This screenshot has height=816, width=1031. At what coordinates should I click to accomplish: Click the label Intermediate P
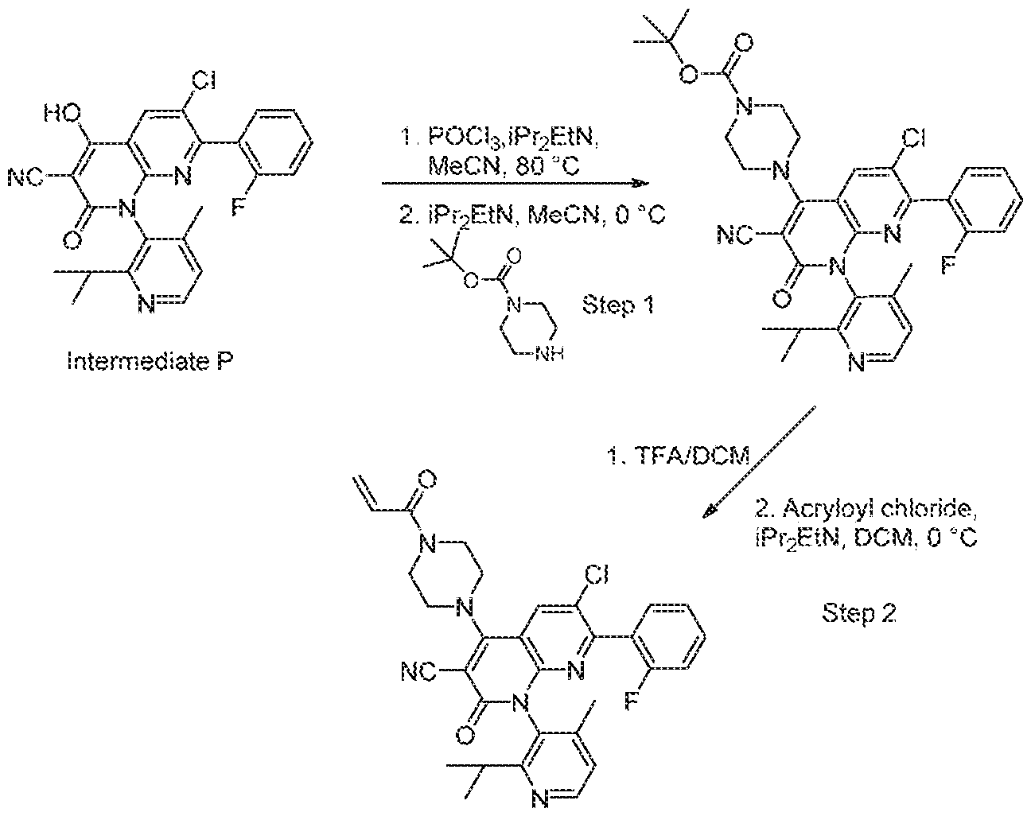[x=150, y=361]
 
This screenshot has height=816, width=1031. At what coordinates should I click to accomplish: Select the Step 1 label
[x=618, y=305]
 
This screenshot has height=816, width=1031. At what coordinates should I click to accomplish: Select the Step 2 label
[x=859, y=613]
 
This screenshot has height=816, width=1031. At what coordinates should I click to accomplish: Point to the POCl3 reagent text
[x=465, y=138]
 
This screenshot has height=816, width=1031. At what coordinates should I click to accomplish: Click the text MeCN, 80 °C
[x=504, y=167]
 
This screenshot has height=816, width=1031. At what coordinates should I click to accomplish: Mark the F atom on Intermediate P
[x=238, y=208]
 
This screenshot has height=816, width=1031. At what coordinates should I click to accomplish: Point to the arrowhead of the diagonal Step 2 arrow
[x=710, y=511]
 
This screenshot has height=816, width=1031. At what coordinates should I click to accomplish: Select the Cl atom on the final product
[x=596, y=574]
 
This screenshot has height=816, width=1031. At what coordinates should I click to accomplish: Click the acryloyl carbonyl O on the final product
[x=427, y=478]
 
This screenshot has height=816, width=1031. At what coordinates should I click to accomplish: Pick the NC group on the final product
[x=418, y=672]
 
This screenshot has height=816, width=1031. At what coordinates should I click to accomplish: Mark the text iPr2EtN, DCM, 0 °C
[x=866, y=539]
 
